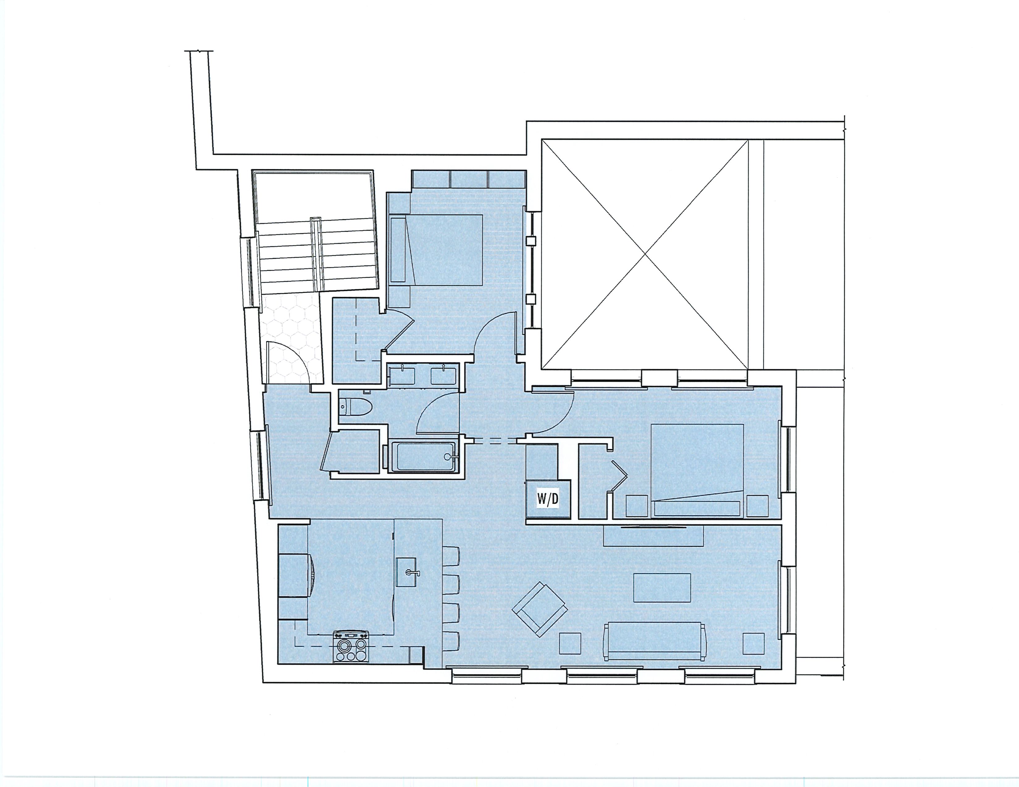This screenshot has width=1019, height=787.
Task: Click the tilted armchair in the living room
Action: [539, 609]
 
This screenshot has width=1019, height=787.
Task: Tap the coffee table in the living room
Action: [662, 588]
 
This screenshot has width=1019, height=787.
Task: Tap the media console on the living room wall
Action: [653, 536]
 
